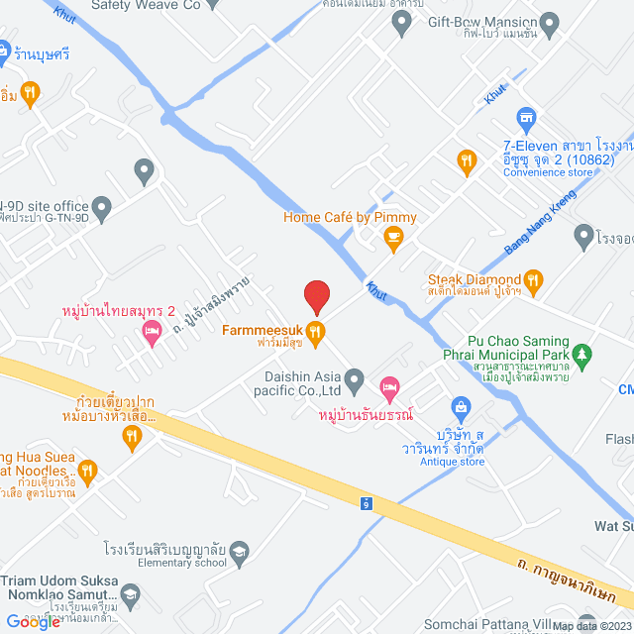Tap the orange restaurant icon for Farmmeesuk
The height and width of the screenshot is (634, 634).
[x=316, y=331]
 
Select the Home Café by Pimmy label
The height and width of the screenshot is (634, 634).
[x=350, y=217]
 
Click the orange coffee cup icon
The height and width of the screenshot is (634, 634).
[x=393, y=236]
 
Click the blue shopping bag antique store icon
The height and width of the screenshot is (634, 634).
[x=461, y=407]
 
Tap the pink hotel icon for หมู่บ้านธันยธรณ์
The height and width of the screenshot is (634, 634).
[x=389, y=384]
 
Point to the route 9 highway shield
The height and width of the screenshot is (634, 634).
[x=366, y=503]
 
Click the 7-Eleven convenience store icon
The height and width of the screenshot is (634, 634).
[x=526, y=119]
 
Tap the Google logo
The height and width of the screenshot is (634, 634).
[x=34, y=620]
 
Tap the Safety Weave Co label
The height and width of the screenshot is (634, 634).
[x=145, y=5]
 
